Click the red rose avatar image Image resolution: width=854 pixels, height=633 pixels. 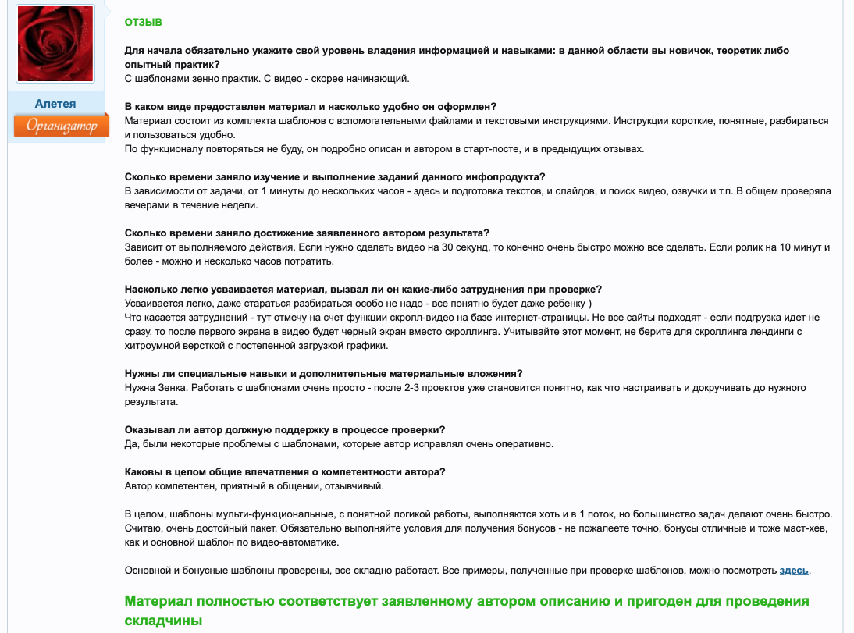[x=55, y=44]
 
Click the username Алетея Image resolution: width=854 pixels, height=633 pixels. [x=55, y=104]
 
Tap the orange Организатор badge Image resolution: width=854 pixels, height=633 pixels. [x=61, y=126]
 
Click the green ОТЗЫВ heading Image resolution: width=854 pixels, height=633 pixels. [x=144, y=23]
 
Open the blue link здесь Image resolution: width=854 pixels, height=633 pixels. [x=794, y=571]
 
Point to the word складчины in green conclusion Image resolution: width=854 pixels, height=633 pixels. [x=163, y=621]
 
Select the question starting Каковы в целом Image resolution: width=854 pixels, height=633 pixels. [x=285, y=472]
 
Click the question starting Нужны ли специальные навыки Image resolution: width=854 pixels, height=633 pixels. [x=324, y=373]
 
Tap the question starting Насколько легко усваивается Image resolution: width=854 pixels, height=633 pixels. [x=363, y=290]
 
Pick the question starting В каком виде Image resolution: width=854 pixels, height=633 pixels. [x=311, y=106]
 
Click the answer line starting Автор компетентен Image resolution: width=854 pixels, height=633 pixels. [x=254, y=486]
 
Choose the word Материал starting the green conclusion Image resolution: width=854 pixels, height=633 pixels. [x=159, y=602]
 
